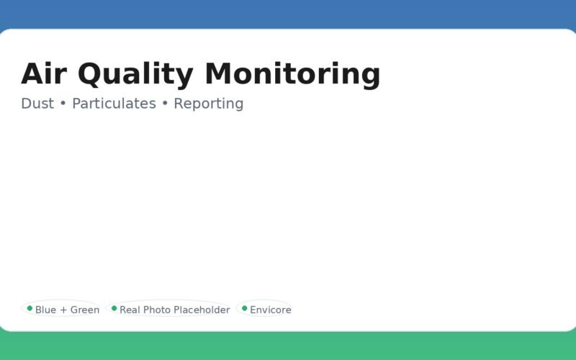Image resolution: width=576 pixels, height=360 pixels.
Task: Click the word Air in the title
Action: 45,74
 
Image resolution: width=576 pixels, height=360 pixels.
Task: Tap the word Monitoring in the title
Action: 292,74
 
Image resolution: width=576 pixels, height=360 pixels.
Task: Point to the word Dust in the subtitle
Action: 37,104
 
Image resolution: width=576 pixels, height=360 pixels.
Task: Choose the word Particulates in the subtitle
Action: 114,104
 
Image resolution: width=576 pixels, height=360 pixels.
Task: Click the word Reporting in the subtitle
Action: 209,104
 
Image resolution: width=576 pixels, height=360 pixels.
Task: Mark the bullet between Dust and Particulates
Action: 63,104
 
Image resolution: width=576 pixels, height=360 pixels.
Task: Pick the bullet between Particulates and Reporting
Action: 165,104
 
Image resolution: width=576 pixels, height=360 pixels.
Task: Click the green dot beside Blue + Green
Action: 30,308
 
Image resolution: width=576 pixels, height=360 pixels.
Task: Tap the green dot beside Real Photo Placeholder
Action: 114,308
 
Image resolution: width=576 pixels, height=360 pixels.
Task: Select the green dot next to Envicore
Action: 244,308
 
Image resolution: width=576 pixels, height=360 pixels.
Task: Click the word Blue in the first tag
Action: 45,310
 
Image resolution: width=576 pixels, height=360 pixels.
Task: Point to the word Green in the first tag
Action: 85,310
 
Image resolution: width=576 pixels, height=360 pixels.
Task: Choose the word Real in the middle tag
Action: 130,310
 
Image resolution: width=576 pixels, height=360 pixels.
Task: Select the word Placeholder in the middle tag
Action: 202,310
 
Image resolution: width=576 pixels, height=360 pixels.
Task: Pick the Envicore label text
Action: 271,310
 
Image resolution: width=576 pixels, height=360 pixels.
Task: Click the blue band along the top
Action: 288,13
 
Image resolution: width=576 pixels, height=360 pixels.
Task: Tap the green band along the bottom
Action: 288,347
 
